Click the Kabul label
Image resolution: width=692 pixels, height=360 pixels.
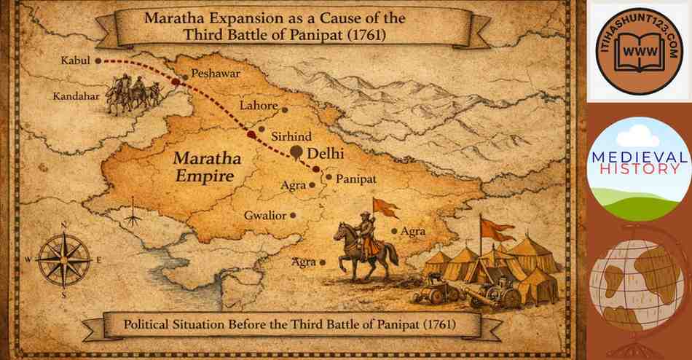76,61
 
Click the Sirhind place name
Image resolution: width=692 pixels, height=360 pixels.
291,136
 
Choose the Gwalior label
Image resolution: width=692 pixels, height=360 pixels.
262,215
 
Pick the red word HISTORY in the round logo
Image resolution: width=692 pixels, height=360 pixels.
638,169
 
